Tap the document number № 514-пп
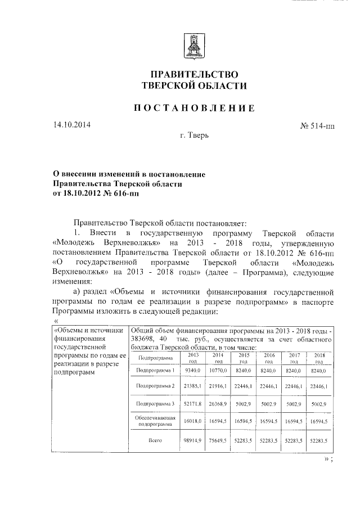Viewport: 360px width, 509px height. [x=314, y=126]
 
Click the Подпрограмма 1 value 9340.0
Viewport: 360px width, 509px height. [x=193, y=371]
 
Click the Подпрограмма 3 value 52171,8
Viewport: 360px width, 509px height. [x=192, y=404]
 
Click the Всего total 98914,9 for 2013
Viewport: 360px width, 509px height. [x=192, y=441]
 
